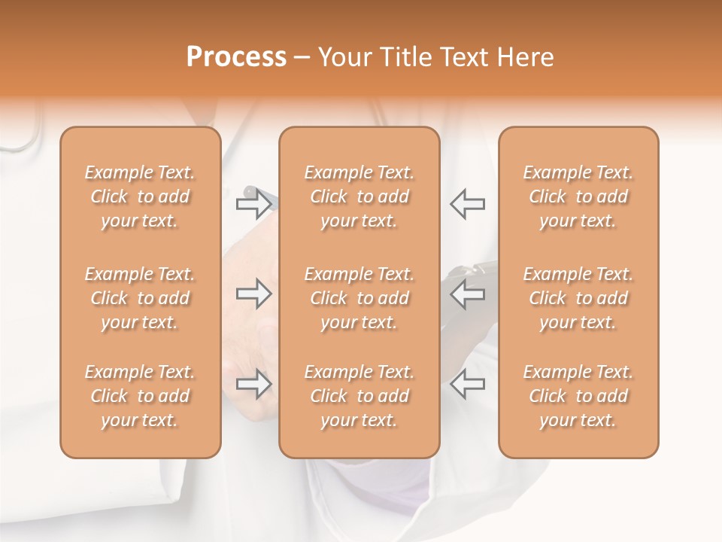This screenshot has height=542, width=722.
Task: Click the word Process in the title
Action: pos(236,57)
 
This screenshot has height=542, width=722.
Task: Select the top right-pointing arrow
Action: pos(253,202)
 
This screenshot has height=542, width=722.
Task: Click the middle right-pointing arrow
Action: pos(253,294)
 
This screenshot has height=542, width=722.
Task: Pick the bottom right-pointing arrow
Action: pos(253,384)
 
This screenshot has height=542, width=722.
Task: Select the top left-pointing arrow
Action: pos(467,202)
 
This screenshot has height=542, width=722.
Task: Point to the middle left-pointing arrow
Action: pos(467,294)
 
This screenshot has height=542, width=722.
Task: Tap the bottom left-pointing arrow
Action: pos(467,384)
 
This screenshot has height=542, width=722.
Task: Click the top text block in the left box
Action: pos(140,196)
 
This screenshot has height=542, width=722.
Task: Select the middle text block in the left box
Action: pos(140,298)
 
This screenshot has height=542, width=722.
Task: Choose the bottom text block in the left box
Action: pos(140,396)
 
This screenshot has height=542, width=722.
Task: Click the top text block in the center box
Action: pos(359,196)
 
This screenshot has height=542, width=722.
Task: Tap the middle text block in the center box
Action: pos(359,298)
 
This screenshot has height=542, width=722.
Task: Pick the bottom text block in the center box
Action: pos(359,396)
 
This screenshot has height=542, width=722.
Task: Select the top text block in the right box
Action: pos(578,196)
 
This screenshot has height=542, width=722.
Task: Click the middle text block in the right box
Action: pos(578,298)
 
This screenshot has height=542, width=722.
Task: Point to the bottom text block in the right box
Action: pos(578,396)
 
